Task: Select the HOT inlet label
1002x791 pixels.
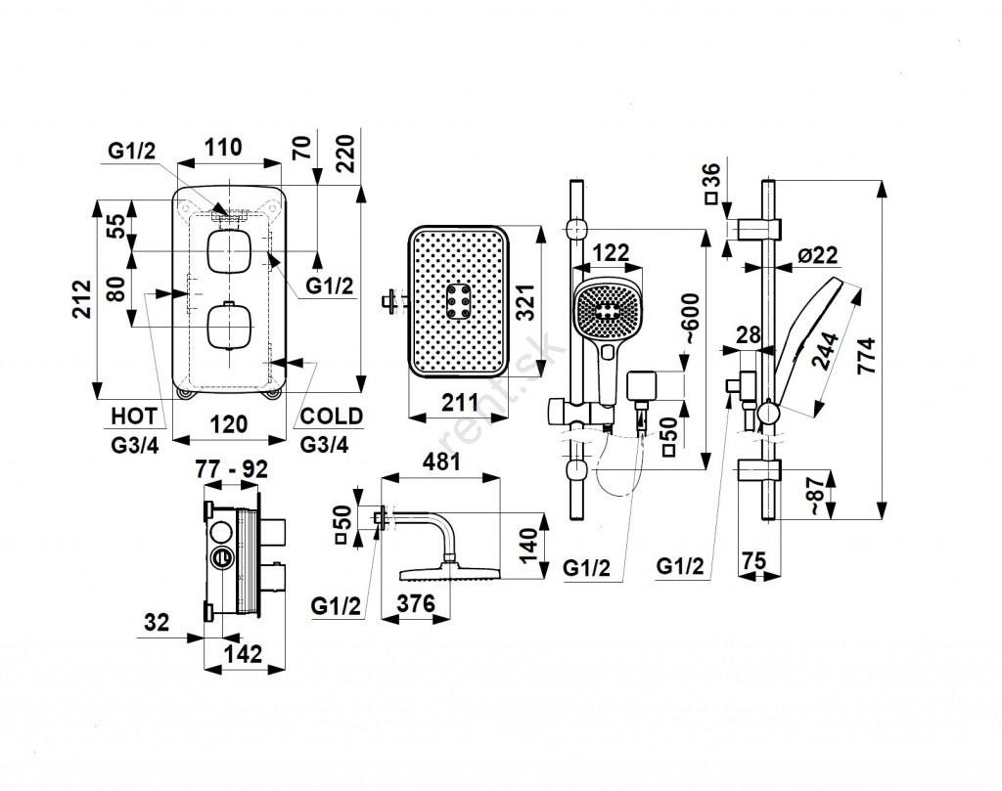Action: click(x=134, y=417)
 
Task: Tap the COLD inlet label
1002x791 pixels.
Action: click(x=331, y=417)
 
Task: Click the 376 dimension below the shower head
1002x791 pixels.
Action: click(x=415, y=604)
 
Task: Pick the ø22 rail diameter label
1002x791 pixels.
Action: click(x=818, y=256)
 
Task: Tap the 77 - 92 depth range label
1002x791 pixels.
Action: click(x=232, y=468)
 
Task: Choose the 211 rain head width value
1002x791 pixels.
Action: click(x=458, y=401)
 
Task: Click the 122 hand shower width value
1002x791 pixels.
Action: click(x=610, y=252)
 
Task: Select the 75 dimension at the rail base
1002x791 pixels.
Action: click(x=753, y=561)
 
